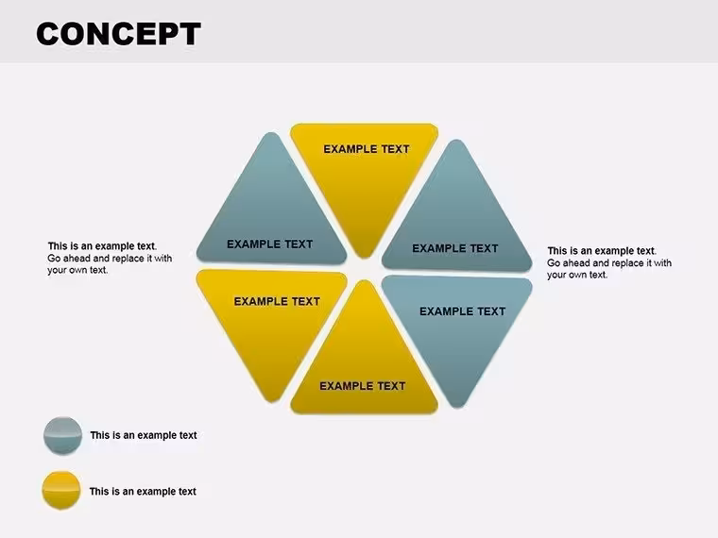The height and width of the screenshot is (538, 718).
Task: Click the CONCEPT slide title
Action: click(119, 34)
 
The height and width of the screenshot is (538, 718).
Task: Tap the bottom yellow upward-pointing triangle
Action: click(365, 361)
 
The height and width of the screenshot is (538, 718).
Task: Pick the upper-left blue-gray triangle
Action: click(271, 215)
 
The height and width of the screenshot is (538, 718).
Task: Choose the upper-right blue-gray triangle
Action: click(456, 220)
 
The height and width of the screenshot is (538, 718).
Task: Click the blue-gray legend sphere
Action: click(62, 436)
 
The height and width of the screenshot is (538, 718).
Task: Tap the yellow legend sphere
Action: click(61, 491)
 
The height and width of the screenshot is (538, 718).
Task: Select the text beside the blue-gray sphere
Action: click(144, 435)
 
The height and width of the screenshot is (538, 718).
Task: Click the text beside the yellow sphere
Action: click(143, 492)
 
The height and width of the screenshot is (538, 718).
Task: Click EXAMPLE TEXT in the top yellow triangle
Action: click(367, 149)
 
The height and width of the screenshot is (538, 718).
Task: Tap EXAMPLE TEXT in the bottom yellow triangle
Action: click(362, 386)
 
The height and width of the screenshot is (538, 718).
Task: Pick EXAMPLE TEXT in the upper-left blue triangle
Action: click(269, 244)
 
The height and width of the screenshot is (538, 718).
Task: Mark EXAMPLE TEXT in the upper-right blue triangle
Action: click(454, 248)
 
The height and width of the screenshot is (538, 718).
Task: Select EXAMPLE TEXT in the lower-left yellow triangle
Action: click(277, 301)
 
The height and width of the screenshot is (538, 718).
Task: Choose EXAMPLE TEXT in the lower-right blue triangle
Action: click(463, 311)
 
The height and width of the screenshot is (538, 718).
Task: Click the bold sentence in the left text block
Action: click(102, 246)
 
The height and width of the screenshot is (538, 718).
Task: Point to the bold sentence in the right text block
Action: click(602, 251)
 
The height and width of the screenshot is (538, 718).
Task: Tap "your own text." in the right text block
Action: click(577, 275)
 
